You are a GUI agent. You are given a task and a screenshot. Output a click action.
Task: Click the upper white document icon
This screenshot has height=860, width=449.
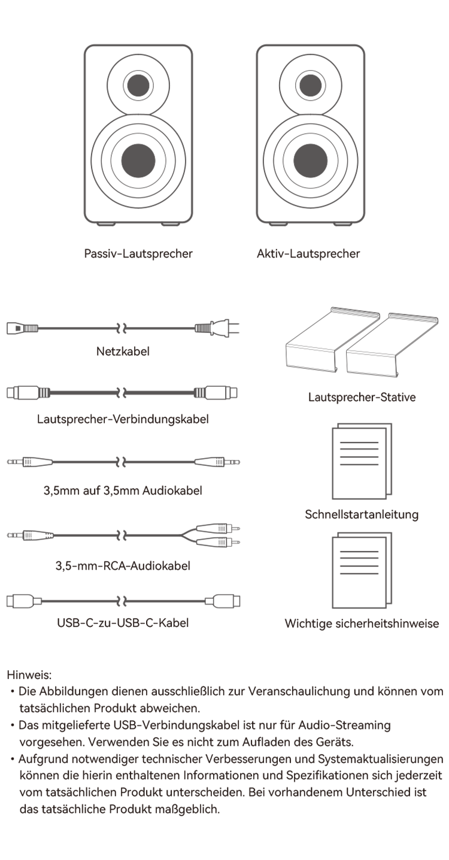[x=359, y=463]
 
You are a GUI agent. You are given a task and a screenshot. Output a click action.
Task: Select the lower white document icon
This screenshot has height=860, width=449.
[x=359, y=572]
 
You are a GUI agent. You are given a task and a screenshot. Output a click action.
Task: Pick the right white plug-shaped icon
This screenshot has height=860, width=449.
[x=223, y=601]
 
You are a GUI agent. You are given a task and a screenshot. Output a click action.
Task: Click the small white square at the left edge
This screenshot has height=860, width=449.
[x=12, y=393]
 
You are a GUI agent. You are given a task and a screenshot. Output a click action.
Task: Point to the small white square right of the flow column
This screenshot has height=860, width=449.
[x=232, y=393]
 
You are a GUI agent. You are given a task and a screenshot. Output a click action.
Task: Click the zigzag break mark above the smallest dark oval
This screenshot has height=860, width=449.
[x=122, y=328]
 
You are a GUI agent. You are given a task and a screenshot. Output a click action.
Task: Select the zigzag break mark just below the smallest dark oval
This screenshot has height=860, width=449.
[x=122, y=393]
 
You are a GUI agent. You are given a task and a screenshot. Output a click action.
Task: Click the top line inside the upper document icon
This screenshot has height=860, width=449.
[x=359, y=443]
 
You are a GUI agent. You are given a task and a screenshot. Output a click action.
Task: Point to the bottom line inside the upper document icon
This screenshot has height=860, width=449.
[x=359, y=464]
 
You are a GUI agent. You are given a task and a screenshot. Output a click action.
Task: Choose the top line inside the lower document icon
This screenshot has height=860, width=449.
[x=359, y=552]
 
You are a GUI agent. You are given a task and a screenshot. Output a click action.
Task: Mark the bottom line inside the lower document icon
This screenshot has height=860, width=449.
[x=359, y=573]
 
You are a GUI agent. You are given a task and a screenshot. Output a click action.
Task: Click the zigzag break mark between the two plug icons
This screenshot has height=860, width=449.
[x=122, y=600]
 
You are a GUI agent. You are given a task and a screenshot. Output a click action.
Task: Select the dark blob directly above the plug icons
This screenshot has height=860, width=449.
[x=123, y=563]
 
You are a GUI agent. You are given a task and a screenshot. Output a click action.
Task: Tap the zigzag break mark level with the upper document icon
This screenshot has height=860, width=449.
[x=122, y=461]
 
